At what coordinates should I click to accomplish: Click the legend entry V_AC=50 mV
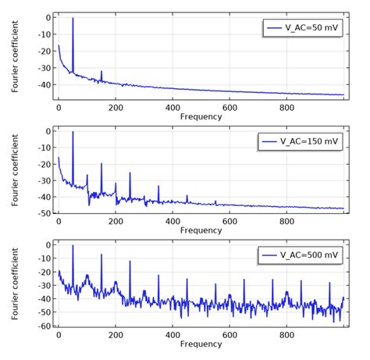click(x=302, y=28)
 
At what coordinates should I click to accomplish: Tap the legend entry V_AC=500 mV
click(x=302, y=255)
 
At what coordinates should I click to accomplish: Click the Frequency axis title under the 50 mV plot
click(x=201, y=116)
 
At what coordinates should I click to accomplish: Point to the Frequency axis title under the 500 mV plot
click(x=201, y=344)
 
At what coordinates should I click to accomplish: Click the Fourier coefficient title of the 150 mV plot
click(x=16, y=169)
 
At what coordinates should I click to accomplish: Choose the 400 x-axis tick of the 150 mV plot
click(x=173, y=220)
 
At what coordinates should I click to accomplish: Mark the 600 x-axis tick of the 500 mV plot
click(x=229, y=334)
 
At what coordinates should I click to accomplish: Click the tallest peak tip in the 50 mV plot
click(x=73, y=18)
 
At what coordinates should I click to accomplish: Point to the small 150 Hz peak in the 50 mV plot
click(x=101, y=72)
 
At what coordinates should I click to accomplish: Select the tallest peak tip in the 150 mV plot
click(x=73, y=132)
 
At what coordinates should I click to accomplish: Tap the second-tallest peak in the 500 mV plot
click(x=101, y=255)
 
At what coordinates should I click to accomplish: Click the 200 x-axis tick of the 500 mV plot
click(x=116, y=334)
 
